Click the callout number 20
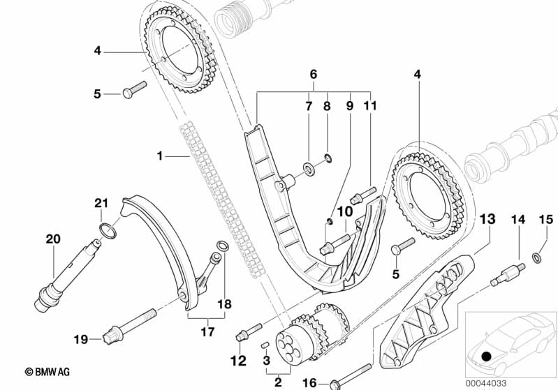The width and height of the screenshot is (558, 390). click(x=53, y=239)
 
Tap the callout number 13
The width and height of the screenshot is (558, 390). click(x=487, y=219)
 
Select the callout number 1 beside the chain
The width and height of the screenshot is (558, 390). click(x=160, y=156)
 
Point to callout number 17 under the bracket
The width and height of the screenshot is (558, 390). click(x=208, y=332)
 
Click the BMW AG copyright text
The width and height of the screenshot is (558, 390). click(x=47, y=372)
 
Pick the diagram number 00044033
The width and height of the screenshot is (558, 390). click(x=486, y=384)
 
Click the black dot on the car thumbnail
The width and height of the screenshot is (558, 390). click(x=486, y=356)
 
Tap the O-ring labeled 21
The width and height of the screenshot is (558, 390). click(x=108, y=231)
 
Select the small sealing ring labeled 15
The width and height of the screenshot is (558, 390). click(x=537, y=257)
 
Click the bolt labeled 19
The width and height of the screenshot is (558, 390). click(x=129, y=326)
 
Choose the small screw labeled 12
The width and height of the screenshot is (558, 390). click(x=249, y=331)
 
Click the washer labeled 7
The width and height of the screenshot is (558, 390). click(x=308, y=169)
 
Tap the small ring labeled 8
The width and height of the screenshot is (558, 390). click(x=328, y=158)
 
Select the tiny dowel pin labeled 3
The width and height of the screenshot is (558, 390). click(x=265, y=345)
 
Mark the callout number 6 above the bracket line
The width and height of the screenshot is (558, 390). click(x=313, y=75)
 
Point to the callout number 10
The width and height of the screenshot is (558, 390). click(x=345, y=211)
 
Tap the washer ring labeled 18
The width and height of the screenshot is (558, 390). click(x=223, y=246)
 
